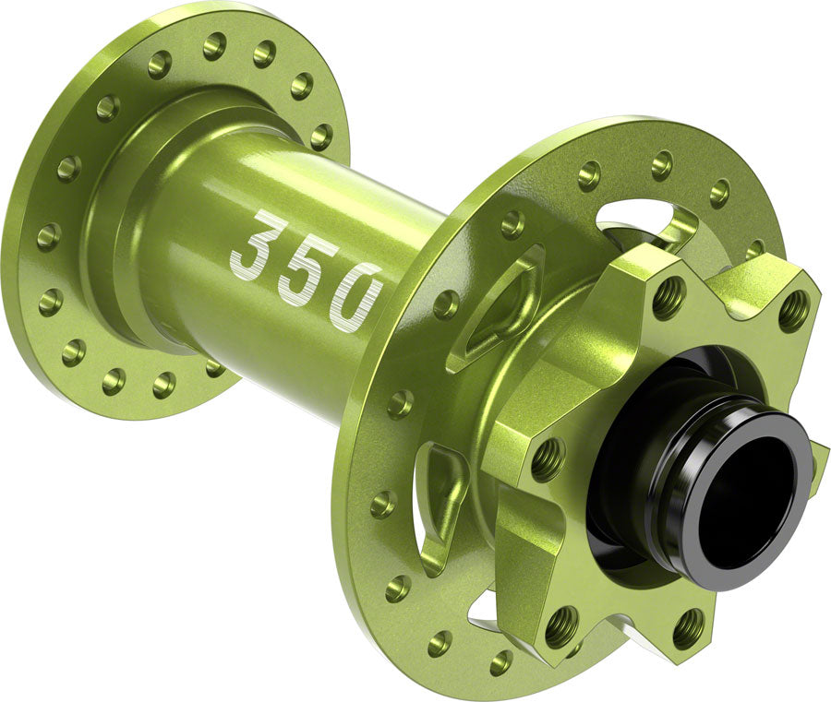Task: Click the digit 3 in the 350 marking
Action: coord(253,244)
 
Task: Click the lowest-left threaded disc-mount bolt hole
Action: coord(561,627)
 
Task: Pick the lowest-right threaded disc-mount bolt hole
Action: coord(687,627)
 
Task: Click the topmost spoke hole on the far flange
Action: coord(216,43)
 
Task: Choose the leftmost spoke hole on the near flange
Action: coord(382,504)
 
